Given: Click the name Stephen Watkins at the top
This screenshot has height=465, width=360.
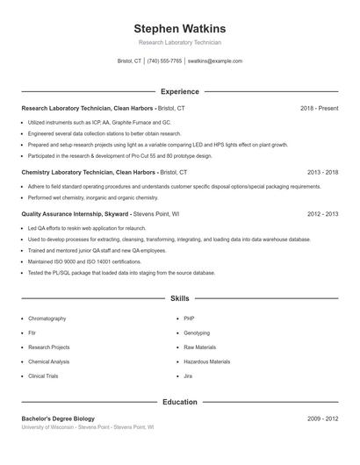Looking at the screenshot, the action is pos(180,28).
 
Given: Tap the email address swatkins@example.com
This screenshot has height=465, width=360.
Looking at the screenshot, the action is pos(215,61).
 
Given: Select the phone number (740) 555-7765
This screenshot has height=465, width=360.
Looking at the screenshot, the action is pos(164,61).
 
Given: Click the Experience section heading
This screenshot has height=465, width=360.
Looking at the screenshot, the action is pos(180,91).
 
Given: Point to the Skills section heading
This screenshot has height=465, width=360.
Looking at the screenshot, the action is pos(180,299).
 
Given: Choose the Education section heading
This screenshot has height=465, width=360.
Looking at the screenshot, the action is pos(180,402).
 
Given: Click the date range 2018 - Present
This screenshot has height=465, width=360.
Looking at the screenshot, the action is pos(319,108).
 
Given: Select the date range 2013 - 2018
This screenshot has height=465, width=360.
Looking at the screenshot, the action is pos(322,173).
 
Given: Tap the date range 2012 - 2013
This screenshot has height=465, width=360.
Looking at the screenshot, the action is pos(322,213).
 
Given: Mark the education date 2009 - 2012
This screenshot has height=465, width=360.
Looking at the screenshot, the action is pos(322,418).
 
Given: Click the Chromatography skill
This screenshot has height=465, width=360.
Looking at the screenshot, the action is pos(47,318).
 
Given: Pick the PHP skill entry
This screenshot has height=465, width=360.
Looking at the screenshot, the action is pos(189,318).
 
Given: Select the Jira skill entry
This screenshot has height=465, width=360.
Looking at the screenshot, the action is pos(188,376).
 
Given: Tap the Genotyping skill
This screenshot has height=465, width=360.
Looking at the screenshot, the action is pos(197,333).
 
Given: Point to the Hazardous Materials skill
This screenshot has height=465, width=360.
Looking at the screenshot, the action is pos(206,361).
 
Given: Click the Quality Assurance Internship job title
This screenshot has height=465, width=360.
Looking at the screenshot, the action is pos(76,213).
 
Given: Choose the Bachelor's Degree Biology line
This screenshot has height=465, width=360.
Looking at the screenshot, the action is pos(58,418).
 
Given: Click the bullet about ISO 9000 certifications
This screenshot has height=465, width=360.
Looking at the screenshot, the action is pos(84,261).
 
